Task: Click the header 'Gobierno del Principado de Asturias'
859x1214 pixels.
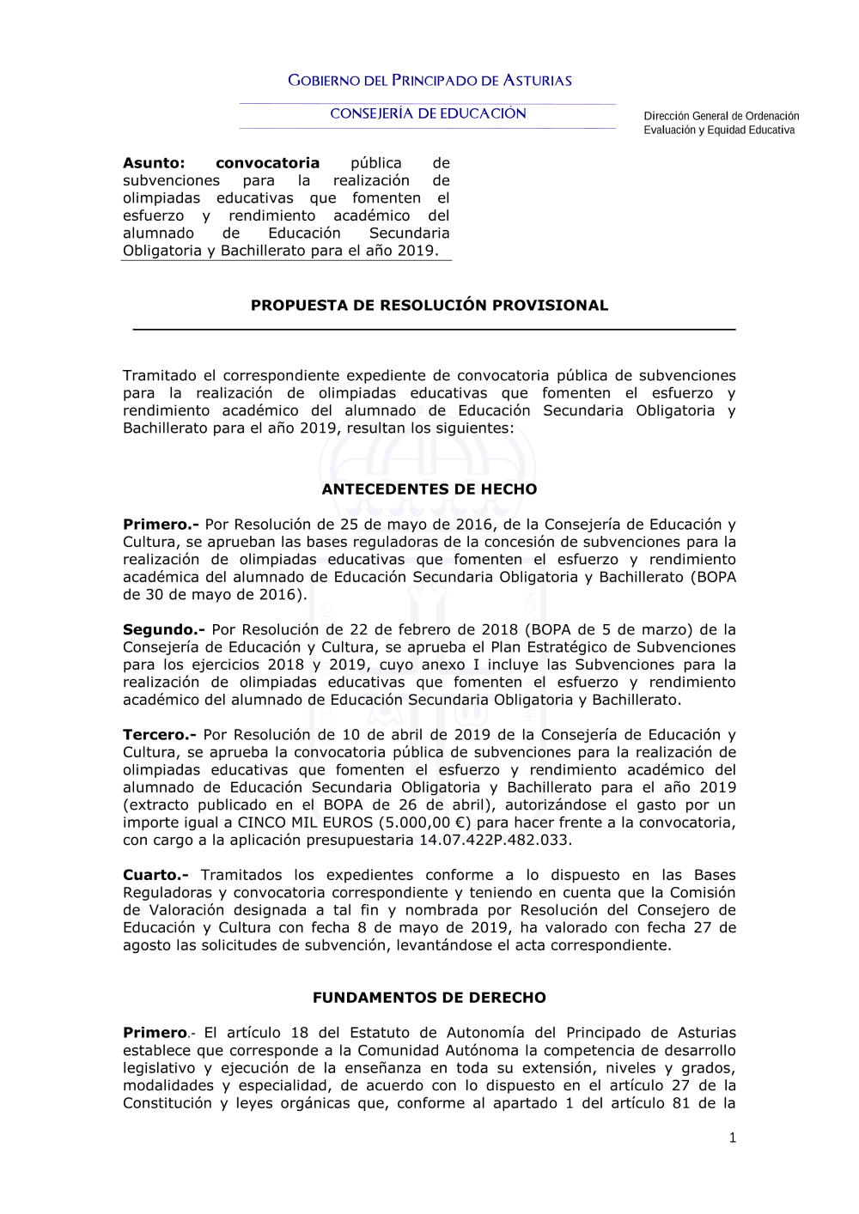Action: click(429, 81)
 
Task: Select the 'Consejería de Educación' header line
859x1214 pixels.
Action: click(428, 113)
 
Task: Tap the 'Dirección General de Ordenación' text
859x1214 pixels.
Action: click(721, 116)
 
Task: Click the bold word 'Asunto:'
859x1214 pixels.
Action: click(154, 163)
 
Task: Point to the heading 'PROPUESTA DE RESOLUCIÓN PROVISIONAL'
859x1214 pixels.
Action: click(429, 306)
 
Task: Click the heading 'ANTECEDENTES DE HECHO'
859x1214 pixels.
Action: click(429, 489)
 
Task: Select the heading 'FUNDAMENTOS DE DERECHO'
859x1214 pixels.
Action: click(429, 998)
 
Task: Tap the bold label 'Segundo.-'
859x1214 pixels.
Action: click(163, 630)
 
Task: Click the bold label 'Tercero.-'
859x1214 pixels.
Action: click(159, 735)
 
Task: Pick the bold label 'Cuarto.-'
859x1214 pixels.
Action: click(155, 875)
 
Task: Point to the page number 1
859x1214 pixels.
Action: click(732, 1138)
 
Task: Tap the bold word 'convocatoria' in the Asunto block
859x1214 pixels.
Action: click(267, 163)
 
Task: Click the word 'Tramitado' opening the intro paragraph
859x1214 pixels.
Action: click(160, 376)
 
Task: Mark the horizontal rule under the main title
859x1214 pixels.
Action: click(434, 329)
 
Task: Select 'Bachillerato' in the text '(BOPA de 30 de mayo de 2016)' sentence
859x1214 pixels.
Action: click(640, 577)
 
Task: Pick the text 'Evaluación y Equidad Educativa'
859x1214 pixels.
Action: click(719, 131)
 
